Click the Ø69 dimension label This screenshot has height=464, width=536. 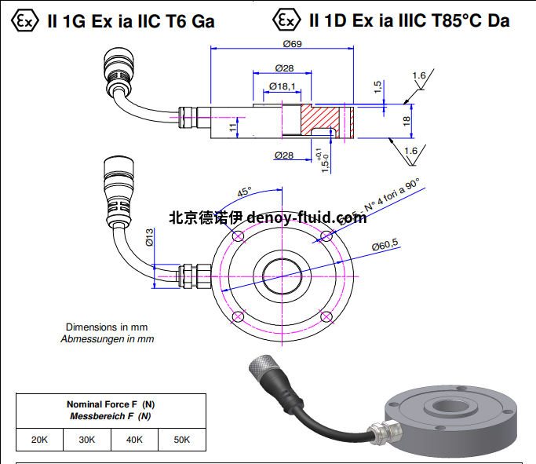pos(280,44)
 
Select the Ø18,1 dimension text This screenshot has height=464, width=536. pos(282,86)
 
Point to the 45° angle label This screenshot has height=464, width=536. pos(244,191)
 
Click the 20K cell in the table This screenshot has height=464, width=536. pos(40,440)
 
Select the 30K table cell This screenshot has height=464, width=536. pos(87,440)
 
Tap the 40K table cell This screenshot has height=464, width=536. pos(134,440)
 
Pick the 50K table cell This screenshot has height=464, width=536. pos(181,440)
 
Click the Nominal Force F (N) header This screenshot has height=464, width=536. pos(111,404)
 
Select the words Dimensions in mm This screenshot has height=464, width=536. pos(107,327)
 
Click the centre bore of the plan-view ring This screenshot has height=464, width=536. pos(280,276)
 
